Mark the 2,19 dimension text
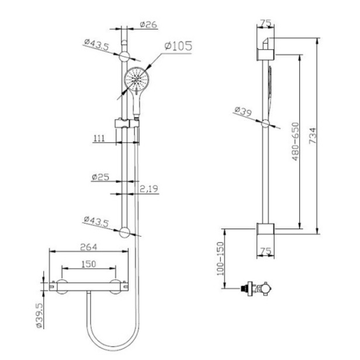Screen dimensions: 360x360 coord(150,188)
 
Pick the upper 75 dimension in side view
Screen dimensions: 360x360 coord(266,23)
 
